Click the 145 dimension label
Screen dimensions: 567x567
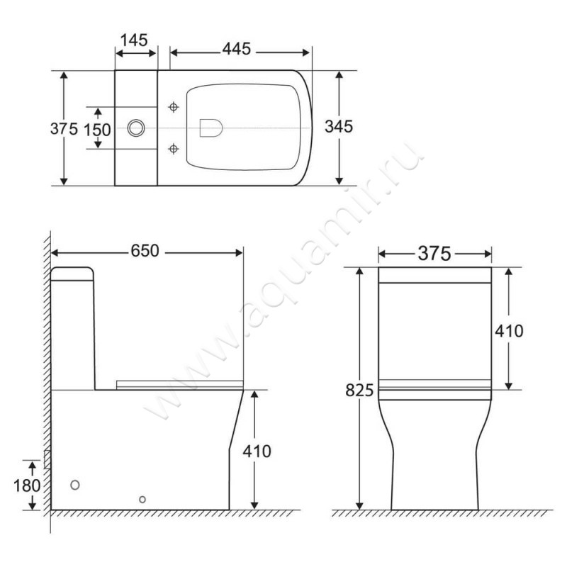tap(134, 40)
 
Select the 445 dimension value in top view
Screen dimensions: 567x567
tap(237, 49)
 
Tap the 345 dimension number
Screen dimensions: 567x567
tap(339, 127)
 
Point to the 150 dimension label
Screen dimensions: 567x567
tap(97, 130)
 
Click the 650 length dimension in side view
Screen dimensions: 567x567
tap(145, 251)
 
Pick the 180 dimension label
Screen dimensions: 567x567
tap(27, 485)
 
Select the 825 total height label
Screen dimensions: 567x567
tap(359, 391)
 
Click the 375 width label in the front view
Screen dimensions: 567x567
tap(434, 254)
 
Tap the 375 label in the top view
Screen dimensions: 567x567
tap(64, 129)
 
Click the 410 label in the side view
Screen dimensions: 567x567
tap(257, 451)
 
